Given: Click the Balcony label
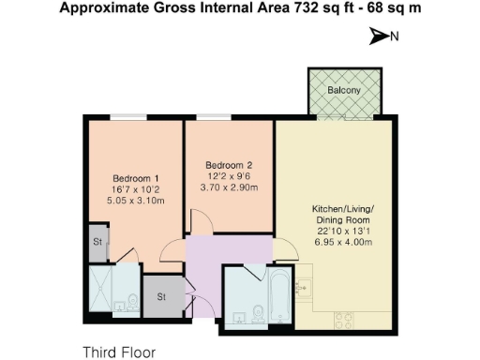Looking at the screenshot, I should click(346, 90).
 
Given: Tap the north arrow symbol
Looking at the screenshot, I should click(378, 37).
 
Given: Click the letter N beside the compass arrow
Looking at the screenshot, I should click(395, 37).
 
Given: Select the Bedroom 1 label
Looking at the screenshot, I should click(136, 178).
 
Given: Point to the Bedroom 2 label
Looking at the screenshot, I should click(230, 165).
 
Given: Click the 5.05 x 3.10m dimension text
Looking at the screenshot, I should click(136, 200).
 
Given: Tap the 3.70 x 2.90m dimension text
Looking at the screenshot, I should click(230, 187).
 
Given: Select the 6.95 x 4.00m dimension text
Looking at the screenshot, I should click(344, 242).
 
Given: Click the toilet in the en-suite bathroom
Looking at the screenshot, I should click(132, 302).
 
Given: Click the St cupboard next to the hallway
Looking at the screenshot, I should click(161, 297).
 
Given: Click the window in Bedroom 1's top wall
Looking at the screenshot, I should click(122, 117).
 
